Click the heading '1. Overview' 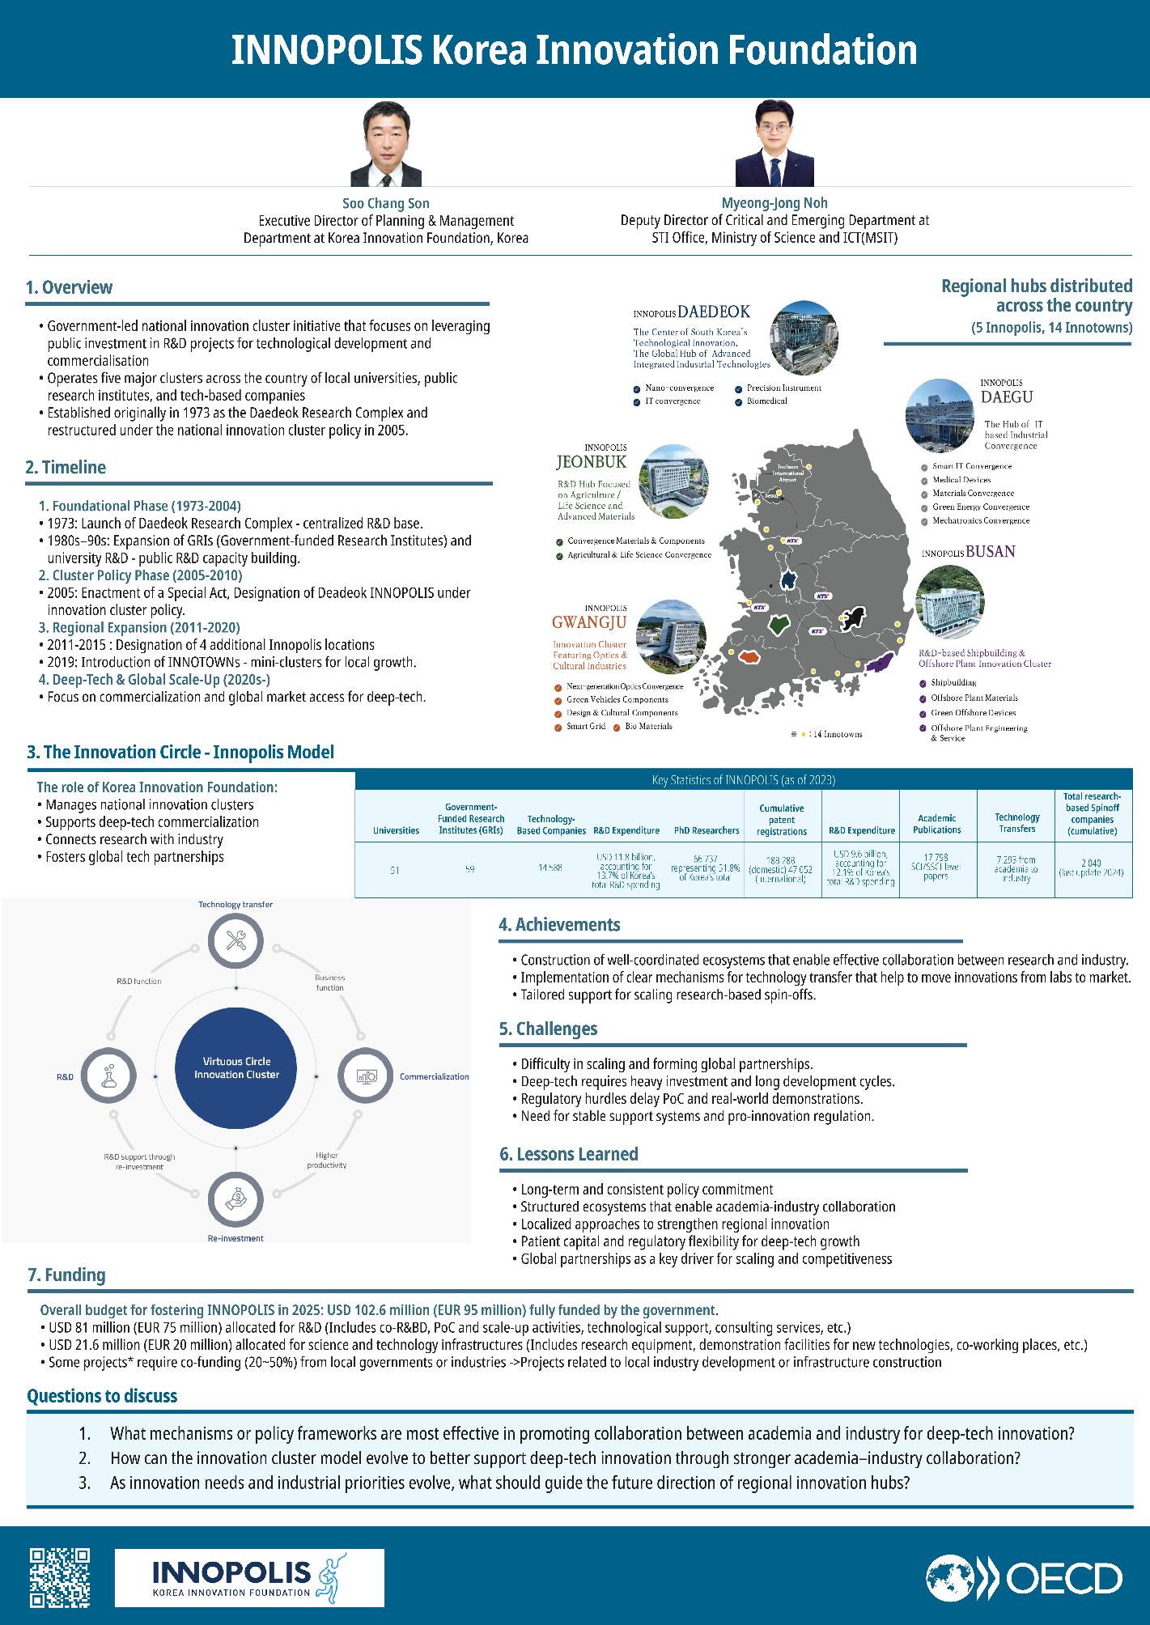pyautogui.click(x=69, y=288)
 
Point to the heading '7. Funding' pyautogui.click(x=66, y=1275)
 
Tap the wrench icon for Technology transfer pyautogui.click(x=236, y=940)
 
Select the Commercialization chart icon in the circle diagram pyautogui.click(x=363, y=1076)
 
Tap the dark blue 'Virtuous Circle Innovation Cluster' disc pyautogui.click(x=236, y=1067)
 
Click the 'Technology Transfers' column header pyautogui.click(x=1016, y=822)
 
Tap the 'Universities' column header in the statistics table pyautogui.click(x=396, y=830)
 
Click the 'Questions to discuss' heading pyautogui.click(x=102, y=1396)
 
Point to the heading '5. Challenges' pyautogui.click(x=548, y=1029)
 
